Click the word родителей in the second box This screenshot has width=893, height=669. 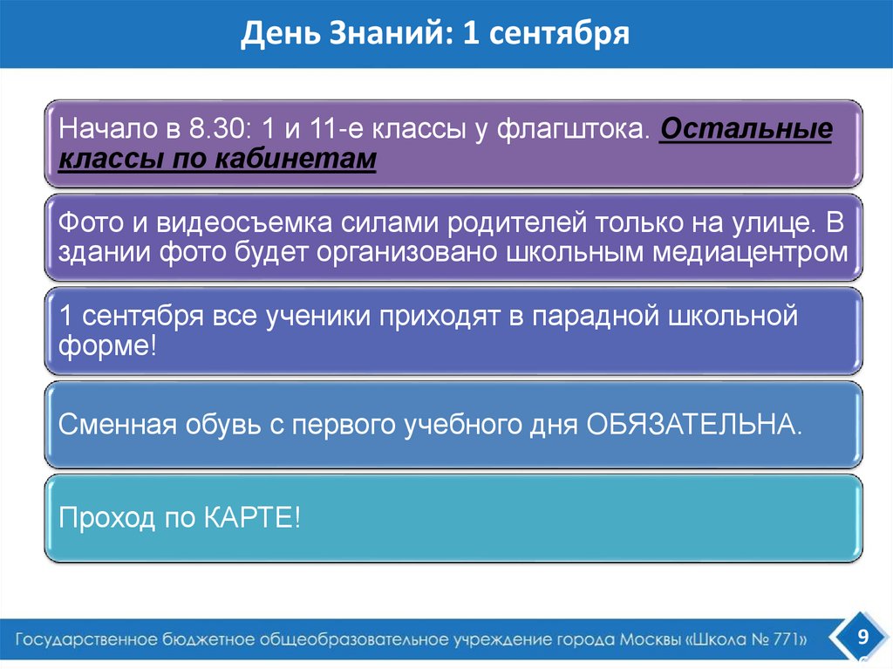[519, 223]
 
